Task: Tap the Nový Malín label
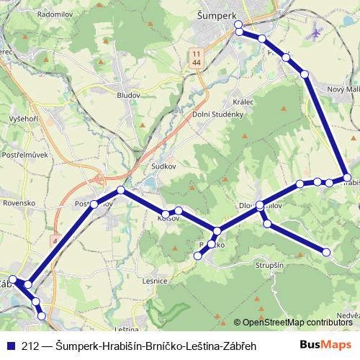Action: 342,88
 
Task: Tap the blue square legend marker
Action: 11,346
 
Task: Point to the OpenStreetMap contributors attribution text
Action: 297,323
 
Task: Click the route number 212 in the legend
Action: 30,346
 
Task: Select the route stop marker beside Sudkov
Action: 121,190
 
